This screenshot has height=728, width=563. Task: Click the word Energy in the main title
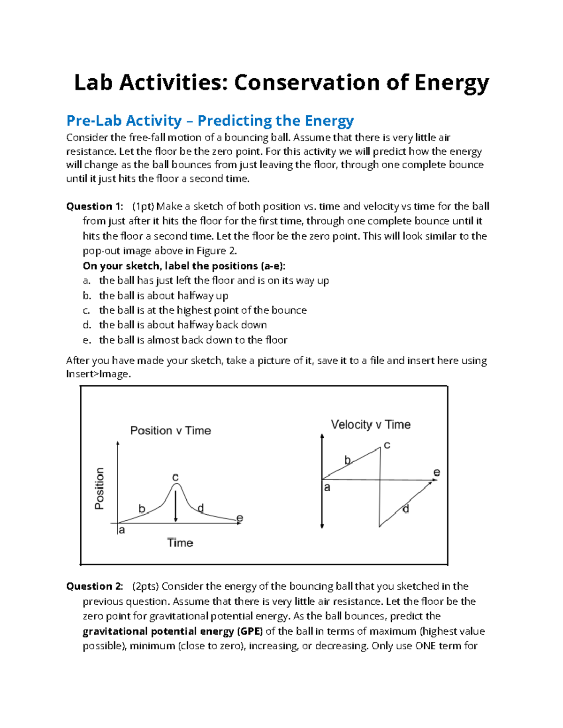coord(451,83)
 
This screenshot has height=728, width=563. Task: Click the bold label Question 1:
coord(94,206)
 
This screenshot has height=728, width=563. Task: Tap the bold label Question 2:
coord(94,586)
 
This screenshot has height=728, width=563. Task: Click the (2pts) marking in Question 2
coord(145,586)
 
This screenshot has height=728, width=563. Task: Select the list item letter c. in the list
coord(86,310)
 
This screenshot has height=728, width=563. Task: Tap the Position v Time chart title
coord(170,430)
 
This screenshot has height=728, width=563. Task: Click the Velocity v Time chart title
coord(371,424)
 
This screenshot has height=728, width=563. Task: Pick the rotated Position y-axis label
coord(99,488)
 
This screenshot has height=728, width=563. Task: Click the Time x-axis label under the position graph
coord(180,542)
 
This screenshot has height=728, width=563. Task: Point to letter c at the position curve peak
coord(175,477)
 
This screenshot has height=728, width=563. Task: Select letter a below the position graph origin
coord(122,530)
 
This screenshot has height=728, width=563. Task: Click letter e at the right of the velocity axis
coord(437,473)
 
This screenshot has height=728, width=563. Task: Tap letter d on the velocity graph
coord(406,509)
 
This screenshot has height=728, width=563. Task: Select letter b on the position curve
coord(142,509)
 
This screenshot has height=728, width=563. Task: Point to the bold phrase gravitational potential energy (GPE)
coord(173,631)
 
